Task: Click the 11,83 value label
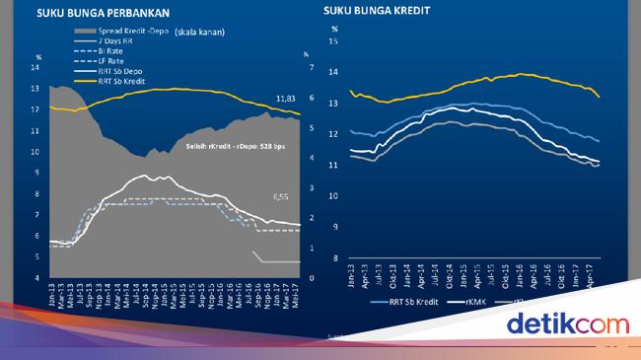click(x=285, y=99)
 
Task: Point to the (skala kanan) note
click(x=199, y=33)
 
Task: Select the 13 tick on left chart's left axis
click(x=36, y=89)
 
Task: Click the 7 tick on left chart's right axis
click(x=312, y=67)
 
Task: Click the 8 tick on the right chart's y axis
click(x=335, y=257)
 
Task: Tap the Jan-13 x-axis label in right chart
click(x=352, y=276)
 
